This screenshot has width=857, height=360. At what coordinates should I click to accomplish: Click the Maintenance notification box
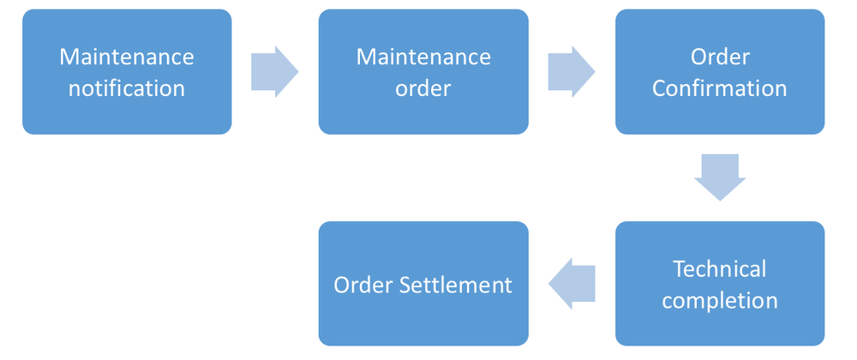(127, 72)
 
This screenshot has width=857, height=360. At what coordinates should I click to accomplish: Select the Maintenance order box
(423, 72)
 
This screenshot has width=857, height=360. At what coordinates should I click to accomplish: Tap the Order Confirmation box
(720, 72)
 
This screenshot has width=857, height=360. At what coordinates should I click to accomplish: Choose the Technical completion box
(720, 284)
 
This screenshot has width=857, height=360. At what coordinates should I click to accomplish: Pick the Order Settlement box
(423, 284)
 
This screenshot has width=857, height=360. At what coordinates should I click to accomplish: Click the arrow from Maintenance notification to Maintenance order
(274, 72)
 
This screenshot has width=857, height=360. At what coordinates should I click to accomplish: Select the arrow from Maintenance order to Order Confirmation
(572, 72)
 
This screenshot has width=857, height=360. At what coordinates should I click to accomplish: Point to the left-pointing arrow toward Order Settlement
(572, 284)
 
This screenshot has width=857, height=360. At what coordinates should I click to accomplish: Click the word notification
(127, 87)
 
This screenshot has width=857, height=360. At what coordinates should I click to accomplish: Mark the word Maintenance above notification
(127, 57)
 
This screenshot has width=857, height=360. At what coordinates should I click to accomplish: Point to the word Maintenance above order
(423, 57)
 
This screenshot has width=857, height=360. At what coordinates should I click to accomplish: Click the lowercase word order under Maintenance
(423, 87)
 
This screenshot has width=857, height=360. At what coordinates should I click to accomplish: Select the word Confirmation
(720, 87)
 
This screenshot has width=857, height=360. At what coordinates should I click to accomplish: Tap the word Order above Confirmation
(720, 57)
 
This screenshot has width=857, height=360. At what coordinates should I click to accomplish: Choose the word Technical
(720, 269)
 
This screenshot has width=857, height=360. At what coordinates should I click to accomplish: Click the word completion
(720, 300)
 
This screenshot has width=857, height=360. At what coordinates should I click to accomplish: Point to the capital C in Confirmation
(659, 87)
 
